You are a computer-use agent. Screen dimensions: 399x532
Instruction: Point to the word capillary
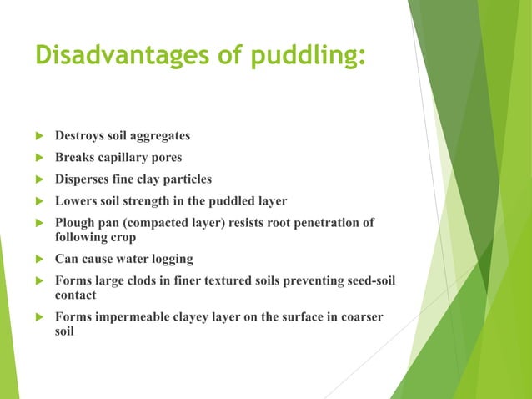point(126,157)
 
